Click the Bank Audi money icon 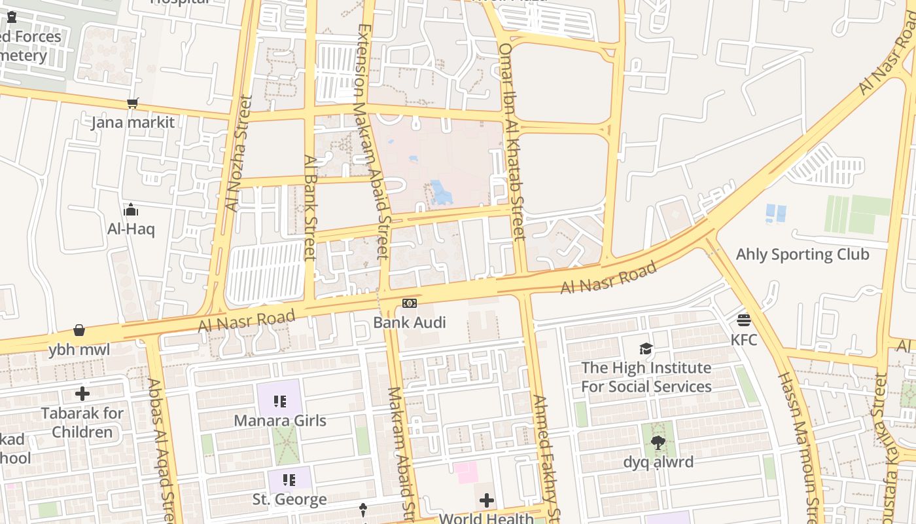pyautogui.click(x=410, y=303)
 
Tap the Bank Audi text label pyautogui.click(x=410, y=322)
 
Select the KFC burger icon pyautogui.click(x=744, y=320)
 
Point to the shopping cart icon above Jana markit pyautogui.click(x=133, y=103)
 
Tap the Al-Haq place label pyautogui.click(x=131, y=229)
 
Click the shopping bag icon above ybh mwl pyautogui.click(x=79, y=330)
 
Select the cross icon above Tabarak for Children pyautogui.click(x=82, y=394)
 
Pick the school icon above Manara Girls pyautogui.click(x=280, y=402)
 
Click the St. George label pyautogui.click(x=289, y=499)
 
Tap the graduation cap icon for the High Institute pyautogui.click(x=646, y=348)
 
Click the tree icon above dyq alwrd pyautogui.click(x=658, y=443)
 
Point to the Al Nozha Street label pyautogui.click(x=239, y=154)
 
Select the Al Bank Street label pyautogui.click(x=310, y=208)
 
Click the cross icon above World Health pyautogui.click(x=487, y=501)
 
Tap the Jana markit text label pyautogui.click(x=133, y=122)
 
